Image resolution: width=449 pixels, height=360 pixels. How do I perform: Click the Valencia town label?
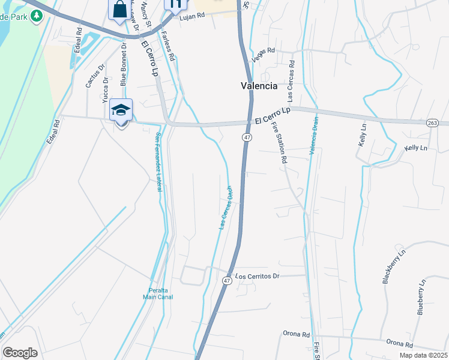click(x=259, y=86)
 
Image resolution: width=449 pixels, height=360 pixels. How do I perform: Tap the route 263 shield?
click(x=432, y=122)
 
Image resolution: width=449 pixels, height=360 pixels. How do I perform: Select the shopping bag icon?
click(x=118, y=8)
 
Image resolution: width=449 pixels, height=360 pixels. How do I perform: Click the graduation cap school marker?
click(x=121, y=110)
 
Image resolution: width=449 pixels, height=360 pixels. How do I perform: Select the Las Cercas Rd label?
click(x=291, y=79)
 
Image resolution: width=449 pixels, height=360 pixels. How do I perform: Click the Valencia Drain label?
click(x=313, y=136)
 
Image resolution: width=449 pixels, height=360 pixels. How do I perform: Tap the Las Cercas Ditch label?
click(x=226, y=207)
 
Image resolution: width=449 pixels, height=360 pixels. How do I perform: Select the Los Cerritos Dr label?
click(x=258, y=277)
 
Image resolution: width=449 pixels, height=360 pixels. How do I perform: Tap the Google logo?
click(x=20, y=352)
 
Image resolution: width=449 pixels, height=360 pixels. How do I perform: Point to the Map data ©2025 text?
click(x=423, y=355)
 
